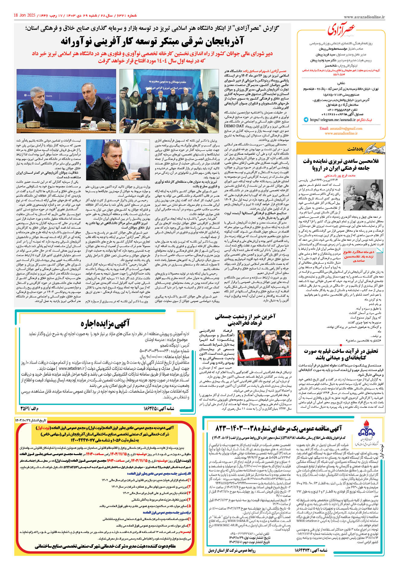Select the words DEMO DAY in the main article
(234, 126)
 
